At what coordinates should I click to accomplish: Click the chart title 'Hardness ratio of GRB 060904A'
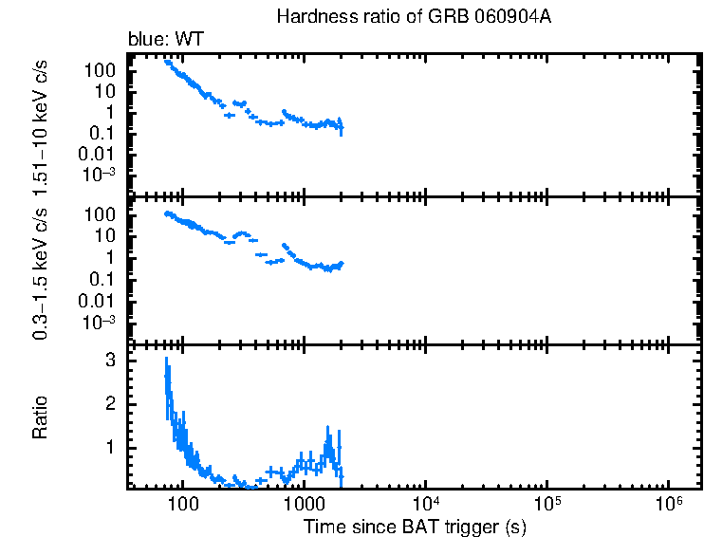(413, 17)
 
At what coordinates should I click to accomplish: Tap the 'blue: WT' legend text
(166, 39)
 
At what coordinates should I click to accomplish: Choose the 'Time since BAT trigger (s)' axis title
(415, 526)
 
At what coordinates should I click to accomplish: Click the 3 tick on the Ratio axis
(110, 361)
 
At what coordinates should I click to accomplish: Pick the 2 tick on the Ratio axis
(110, 403)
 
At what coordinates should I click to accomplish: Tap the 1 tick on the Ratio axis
(110, 446)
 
